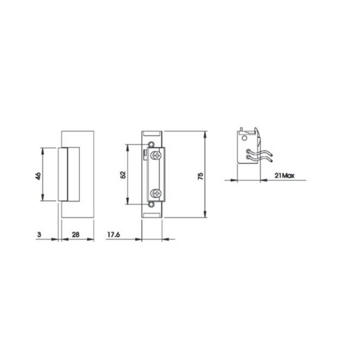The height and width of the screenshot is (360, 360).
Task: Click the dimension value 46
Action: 38,176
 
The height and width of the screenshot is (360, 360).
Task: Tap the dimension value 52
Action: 123,175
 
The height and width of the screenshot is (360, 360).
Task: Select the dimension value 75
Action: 201,176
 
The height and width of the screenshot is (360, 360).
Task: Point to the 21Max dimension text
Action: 284,176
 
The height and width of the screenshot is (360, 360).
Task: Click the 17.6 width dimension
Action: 113,234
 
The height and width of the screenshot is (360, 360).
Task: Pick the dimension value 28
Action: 76,234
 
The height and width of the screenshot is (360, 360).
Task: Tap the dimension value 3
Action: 39,234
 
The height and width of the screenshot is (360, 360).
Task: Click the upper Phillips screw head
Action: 156,155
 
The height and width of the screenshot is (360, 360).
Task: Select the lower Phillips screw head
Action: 156,193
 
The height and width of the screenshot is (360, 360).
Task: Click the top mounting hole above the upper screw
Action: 151,145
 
